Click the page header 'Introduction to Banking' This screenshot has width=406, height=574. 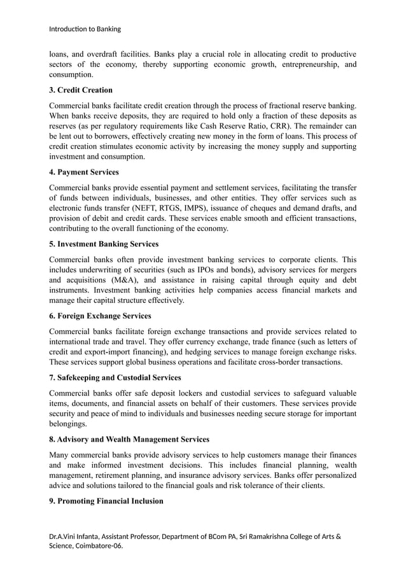tap(85, 29)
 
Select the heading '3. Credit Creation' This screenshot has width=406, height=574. tap(81, 90)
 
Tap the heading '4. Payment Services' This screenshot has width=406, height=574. tap(84, 172)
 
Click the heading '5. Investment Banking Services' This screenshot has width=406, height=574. tap(104, 244)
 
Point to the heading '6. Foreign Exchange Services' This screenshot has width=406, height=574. tap(100, 316)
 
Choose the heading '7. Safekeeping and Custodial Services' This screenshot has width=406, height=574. tap(115, 377)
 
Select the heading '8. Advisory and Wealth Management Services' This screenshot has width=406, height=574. tap(129, 439)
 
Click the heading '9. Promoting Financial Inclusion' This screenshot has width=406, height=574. tap(106, 501)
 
